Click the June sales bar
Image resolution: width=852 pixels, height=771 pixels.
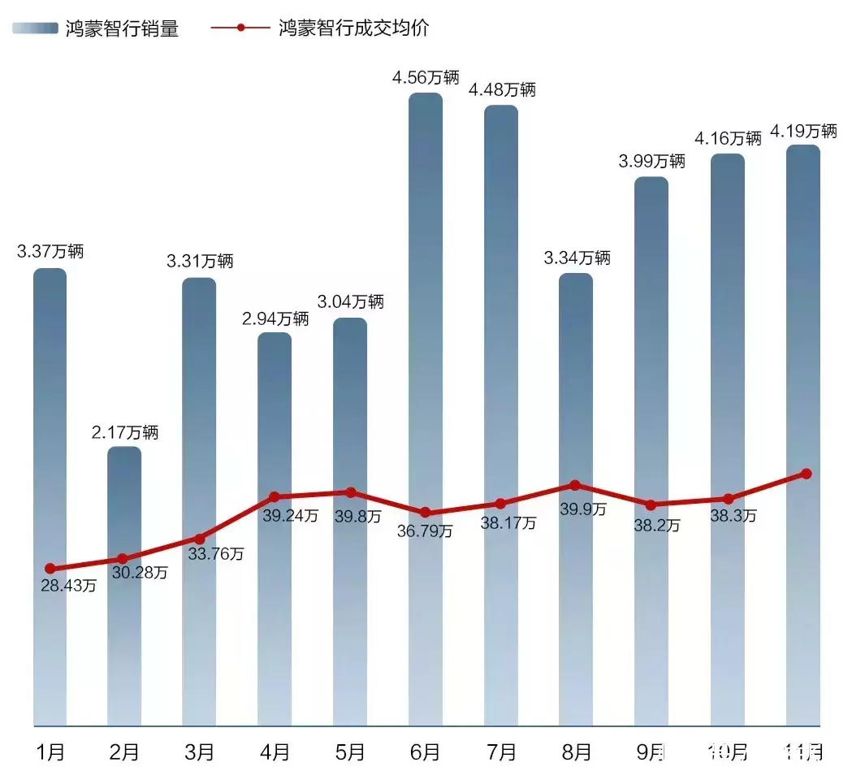point(426,325)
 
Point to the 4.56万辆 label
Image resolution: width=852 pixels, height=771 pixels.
point(426,78)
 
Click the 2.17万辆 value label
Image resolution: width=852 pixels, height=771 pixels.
point(124,432)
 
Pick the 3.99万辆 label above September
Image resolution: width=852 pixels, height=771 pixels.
point(651,161)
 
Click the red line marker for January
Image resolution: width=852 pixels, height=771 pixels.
point(50,569)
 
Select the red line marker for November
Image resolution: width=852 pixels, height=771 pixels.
point(806,474)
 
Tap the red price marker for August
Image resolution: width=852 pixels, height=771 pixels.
point(576,485)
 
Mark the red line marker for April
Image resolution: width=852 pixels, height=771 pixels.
point(275,496)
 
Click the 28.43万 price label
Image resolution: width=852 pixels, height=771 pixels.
point(68,586)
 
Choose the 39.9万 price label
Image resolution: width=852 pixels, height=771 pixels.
point(583,509)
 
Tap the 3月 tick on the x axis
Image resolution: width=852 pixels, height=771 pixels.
point(200,751)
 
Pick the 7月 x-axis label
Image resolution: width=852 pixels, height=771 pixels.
point(501,751)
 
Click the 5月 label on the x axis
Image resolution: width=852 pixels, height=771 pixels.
point(350,751)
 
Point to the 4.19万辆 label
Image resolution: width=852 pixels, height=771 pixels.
point(803,131)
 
